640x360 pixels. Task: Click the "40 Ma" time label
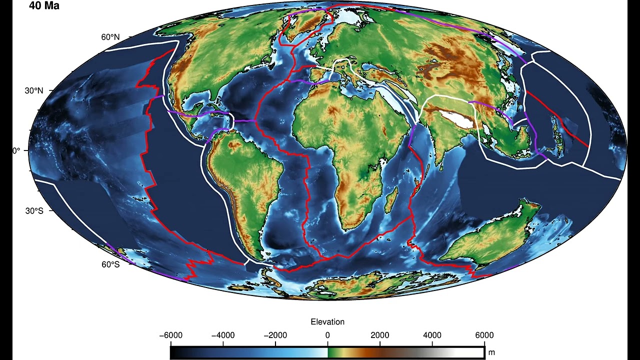(x=44, y=6)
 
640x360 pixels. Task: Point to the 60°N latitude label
(x=110, y=37)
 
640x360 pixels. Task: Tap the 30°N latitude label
(x=34, y=91)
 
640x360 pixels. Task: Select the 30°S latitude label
(x=34, y=210)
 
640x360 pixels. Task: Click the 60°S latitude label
(x=110, y=264)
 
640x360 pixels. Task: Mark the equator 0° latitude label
(x=16, y=150)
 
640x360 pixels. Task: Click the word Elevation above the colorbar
(x=327, y=322)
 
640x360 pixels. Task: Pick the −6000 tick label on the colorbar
(x=170, y=335)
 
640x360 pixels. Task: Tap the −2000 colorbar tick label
(x=275, y=335)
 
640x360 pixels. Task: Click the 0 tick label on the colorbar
(x=327, y=335)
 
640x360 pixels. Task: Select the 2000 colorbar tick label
(x=380, y=335)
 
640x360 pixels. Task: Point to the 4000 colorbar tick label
(x=432, y=335)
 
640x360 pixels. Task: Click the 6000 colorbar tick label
(x=484, y=335)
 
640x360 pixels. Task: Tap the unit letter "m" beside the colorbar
(x=491, y=353)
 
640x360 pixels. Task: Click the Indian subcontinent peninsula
(x=440, y=145)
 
